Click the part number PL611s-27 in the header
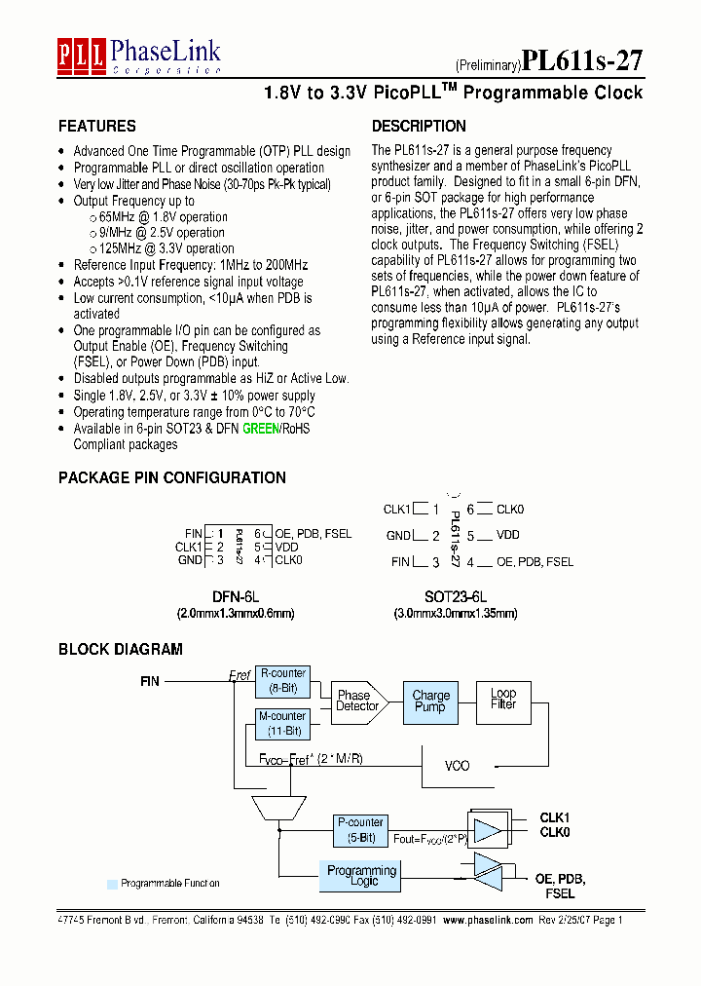(582, 61)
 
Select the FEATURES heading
(97, 127)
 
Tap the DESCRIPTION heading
(419, 127)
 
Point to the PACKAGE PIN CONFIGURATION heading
(172, 478)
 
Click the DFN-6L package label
(236, 597)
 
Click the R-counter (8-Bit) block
(282, 681)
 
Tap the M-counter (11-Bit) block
(282, 723)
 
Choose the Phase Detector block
(357, 701)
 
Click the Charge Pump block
(430, 702)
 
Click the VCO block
(457, 766)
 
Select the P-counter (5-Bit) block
(361, 830)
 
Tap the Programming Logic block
(361, 876)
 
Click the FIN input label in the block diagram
(149, 682)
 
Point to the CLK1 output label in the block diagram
(555, 818)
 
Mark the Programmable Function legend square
(112, 884)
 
